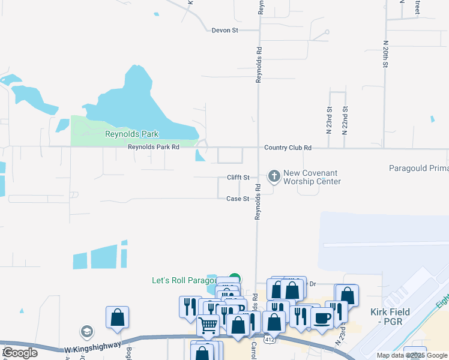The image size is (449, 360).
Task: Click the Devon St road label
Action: click(225, 30)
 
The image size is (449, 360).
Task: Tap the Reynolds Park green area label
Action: click(131, 134)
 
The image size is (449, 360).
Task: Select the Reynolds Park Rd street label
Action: click(154, 147)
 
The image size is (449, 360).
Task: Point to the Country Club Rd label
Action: click(288, 148)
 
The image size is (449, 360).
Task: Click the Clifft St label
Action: click(238, 178)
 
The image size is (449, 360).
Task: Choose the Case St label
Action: click(238, 199)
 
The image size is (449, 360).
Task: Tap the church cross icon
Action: click(274, 176)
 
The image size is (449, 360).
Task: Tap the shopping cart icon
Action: click(208, 325)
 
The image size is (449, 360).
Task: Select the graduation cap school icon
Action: click(87, 331)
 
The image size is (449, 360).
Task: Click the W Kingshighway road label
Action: click(92, 347)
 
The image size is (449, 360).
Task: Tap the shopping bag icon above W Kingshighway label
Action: click(118, 317)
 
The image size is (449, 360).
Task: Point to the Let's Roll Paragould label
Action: click(183, 280)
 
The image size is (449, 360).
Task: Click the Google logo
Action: click(20, 353)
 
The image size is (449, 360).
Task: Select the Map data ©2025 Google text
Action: click(412, 355)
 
